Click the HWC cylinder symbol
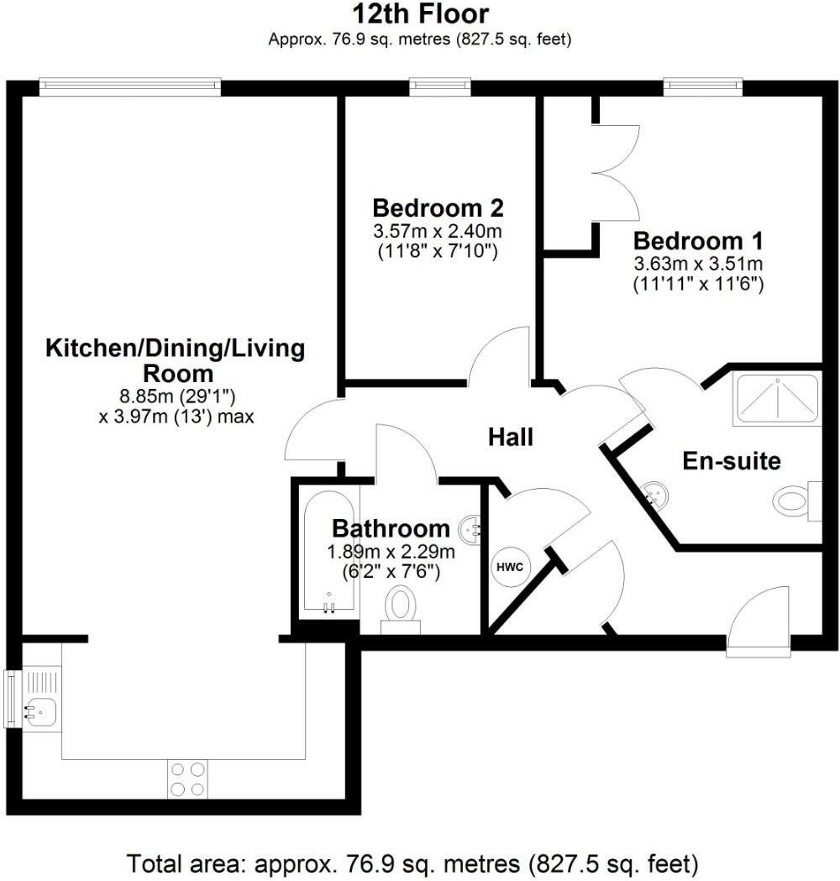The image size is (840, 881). click(510, 567)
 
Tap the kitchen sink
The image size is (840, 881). click(40, 712)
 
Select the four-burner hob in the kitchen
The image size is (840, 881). click(187, 779)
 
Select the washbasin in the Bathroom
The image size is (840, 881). click(470, 528)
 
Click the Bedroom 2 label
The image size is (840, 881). click(438, 207)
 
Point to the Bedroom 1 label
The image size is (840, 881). click(698, 242)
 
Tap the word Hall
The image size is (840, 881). click(511, 437)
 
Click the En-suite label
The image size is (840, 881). click(731, 460)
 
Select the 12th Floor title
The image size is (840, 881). click(420, 14)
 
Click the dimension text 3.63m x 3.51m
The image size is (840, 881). click(698, 264)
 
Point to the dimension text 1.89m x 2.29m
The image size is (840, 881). click(391, 553)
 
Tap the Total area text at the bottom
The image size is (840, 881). click(412, 863)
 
